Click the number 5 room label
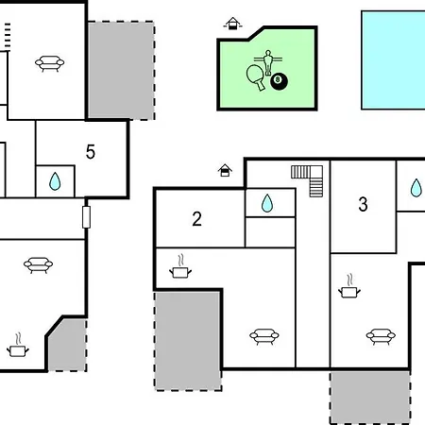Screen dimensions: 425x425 91,152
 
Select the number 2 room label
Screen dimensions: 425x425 197,219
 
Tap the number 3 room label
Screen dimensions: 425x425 363,204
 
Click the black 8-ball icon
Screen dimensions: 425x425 279,81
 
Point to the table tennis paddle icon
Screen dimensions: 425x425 256,77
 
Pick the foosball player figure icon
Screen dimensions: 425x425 268,62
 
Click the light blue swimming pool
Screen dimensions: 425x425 393,60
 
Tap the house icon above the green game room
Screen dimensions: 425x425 232,24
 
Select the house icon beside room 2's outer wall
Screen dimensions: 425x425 225,170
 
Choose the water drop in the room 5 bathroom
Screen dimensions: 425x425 55,181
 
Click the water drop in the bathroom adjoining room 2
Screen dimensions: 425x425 267,203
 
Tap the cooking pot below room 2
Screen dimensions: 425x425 180,267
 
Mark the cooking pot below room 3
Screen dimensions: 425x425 349,287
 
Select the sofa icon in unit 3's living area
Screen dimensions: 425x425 381,336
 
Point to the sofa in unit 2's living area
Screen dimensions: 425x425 264,336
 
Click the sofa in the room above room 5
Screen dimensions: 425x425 49,63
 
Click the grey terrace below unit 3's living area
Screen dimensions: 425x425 370,398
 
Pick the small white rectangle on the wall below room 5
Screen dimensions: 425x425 86,217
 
